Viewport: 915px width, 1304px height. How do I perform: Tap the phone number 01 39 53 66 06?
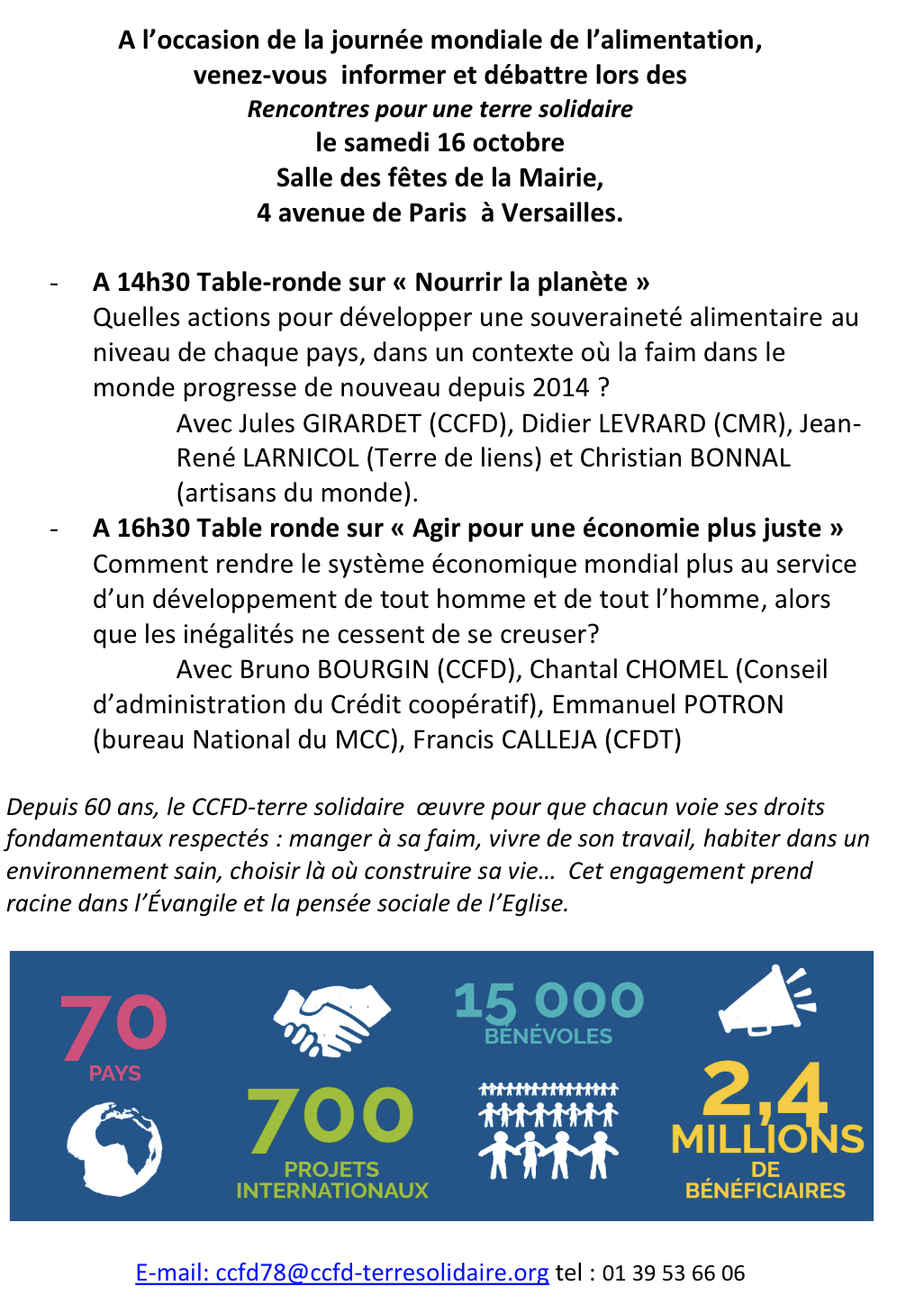coord(674,1273)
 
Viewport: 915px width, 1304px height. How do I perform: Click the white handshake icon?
coord(331,1017)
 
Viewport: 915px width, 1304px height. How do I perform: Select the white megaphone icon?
coord(766,1000)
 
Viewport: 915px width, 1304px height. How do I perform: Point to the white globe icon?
coord(114,1149)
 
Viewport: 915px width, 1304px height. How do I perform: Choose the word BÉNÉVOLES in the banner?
coord(548,1037)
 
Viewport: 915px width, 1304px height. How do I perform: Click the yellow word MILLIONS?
coord(767,1139)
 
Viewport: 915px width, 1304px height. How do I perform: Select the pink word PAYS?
coord(114,1073)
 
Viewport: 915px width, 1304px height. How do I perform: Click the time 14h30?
coord(152,283)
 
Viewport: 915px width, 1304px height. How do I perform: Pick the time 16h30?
coord(152,529)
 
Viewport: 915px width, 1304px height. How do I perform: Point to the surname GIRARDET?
coord(361,423)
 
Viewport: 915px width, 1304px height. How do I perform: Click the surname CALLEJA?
coord(548,740)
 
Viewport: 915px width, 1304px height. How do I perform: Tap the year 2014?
coord(560,388)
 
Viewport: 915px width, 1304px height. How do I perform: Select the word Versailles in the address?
coord(561,213)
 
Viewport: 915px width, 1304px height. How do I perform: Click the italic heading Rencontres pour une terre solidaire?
coord(439,109)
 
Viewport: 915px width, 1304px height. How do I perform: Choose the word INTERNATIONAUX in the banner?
coord(332,1191)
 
